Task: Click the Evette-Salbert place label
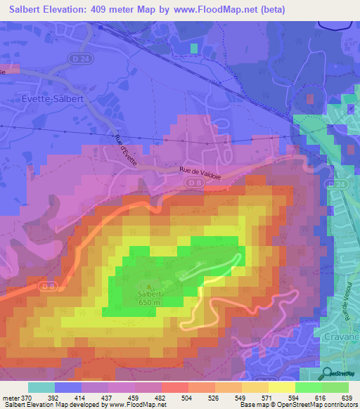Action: (53, 99)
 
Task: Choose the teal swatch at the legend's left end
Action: (41, 387)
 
